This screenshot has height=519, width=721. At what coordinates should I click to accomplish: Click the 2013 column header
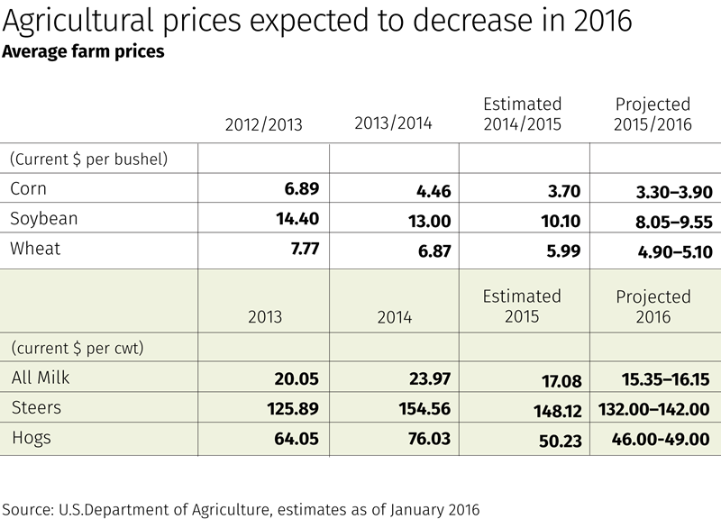[264, 317]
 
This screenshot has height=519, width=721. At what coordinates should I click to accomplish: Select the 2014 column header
[394, 317]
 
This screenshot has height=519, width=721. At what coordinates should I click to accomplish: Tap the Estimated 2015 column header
[522, 306]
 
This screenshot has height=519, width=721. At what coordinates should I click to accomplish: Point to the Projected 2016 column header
[653, 306]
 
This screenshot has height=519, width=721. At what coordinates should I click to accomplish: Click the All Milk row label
[41, 378]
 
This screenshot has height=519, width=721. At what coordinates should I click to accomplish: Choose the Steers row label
[36, 407]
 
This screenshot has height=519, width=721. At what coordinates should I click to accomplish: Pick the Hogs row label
[32, 438]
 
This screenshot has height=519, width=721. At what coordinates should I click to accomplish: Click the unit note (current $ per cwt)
[78, 348]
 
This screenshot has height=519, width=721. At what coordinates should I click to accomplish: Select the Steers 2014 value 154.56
[424, 409]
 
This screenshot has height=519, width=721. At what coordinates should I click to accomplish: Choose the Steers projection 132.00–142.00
[653, 410]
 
